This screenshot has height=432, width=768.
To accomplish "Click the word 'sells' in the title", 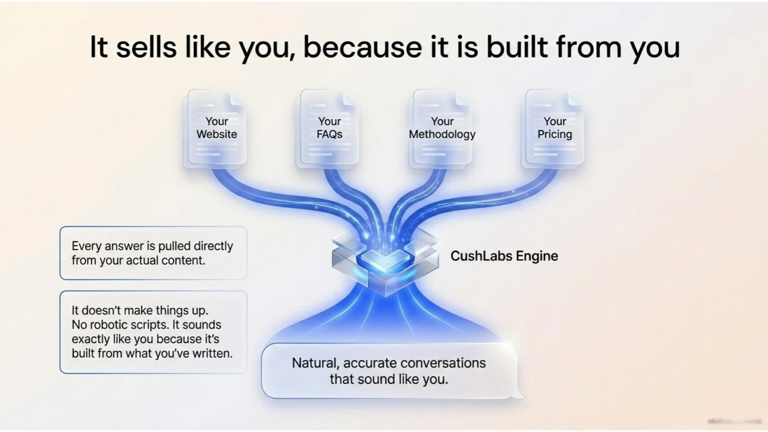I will pyautogui.click(x=146, y=47).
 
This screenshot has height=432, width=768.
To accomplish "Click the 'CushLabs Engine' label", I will pyautogui.click(x=504, y=256).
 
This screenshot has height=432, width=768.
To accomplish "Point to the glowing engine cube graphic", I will pyautogui.click(x=385, y=261).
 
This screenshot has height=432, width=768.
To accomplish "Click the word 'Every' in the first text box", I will pyautogui.click(x=86, y=246).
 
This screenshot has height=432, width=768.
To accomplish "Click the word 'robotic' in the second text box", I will pyautogui.click(x=109, y=325).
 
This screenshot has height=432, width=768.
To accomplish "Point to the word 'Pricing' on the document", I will pyautogui.click(x=554, y=134).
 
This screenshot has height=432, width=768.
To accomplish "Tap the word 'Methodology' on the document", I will pyautogui.click(x=442, y=134).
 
